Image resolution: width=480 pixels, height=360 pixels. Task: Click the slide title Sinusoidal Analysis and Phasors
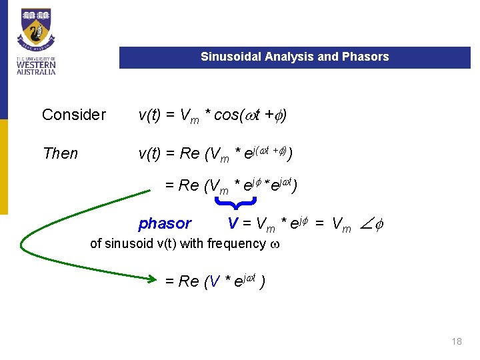coord(295,57)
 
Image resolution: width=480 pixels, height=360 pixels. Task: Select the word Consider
coord(74,115)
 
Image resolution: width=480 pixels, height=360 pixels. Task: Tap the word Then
coord(60,153)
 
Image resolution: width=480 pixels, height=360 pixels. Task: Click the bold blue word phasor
coord(164,223)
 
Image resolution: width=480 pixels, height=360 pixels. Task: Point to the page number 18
coord(457,341)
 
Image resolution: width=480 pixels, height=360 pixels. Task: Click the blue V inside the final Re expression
coord(213,281)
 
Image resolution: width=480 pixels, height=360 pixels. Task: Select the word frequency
coord(236,243)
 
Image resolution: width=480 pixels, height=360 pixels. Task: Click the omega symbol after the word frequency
coord(275,244)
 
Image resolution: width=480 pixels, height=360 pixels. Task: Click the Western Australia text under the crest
coord(36,66)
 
